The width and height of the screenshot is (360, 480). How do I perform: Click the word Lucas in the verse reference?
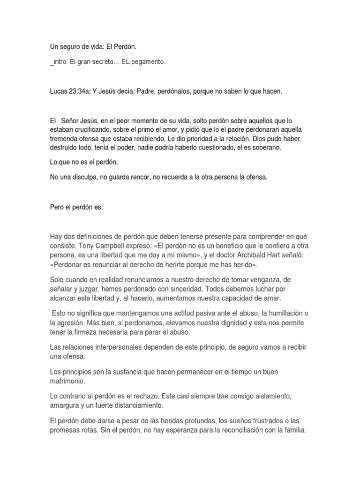pos(59,91)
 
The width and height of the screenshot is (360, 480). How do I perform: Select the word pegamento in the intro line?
pos(150,62)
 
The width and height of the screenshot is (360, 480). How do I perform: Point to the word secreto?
pos(104,62)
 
